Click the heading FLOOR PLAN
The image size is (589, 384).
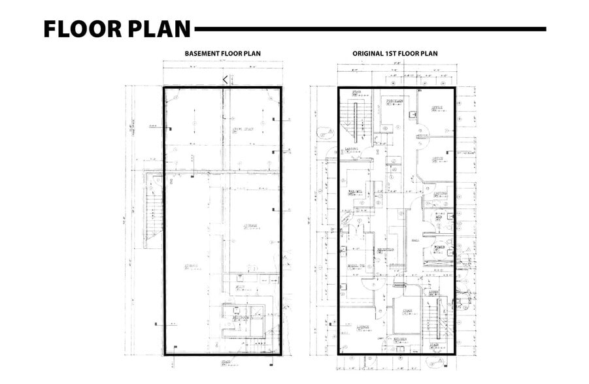pos(117,29)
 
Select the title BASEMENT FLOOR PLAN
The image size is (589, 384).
pos(222,54)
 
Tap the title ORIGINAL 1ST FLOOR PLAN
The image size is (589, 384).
pos(395,54)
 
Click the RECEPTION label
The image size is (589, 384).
pos(385,250)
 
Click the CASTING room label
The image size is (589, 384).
pos(440,193)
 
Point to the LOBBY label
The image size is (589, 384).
pos(434,292)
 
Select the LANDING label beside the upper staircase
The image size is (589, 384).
pos(352,149)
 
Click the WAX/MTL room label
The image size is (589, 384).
pos(355,192)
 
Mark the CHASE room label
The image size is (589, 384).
pos(407,311)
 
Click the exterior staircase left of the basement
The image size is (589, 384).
pos(153,212)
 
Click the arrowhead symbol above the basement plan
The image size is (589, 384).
pos(225,79)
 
